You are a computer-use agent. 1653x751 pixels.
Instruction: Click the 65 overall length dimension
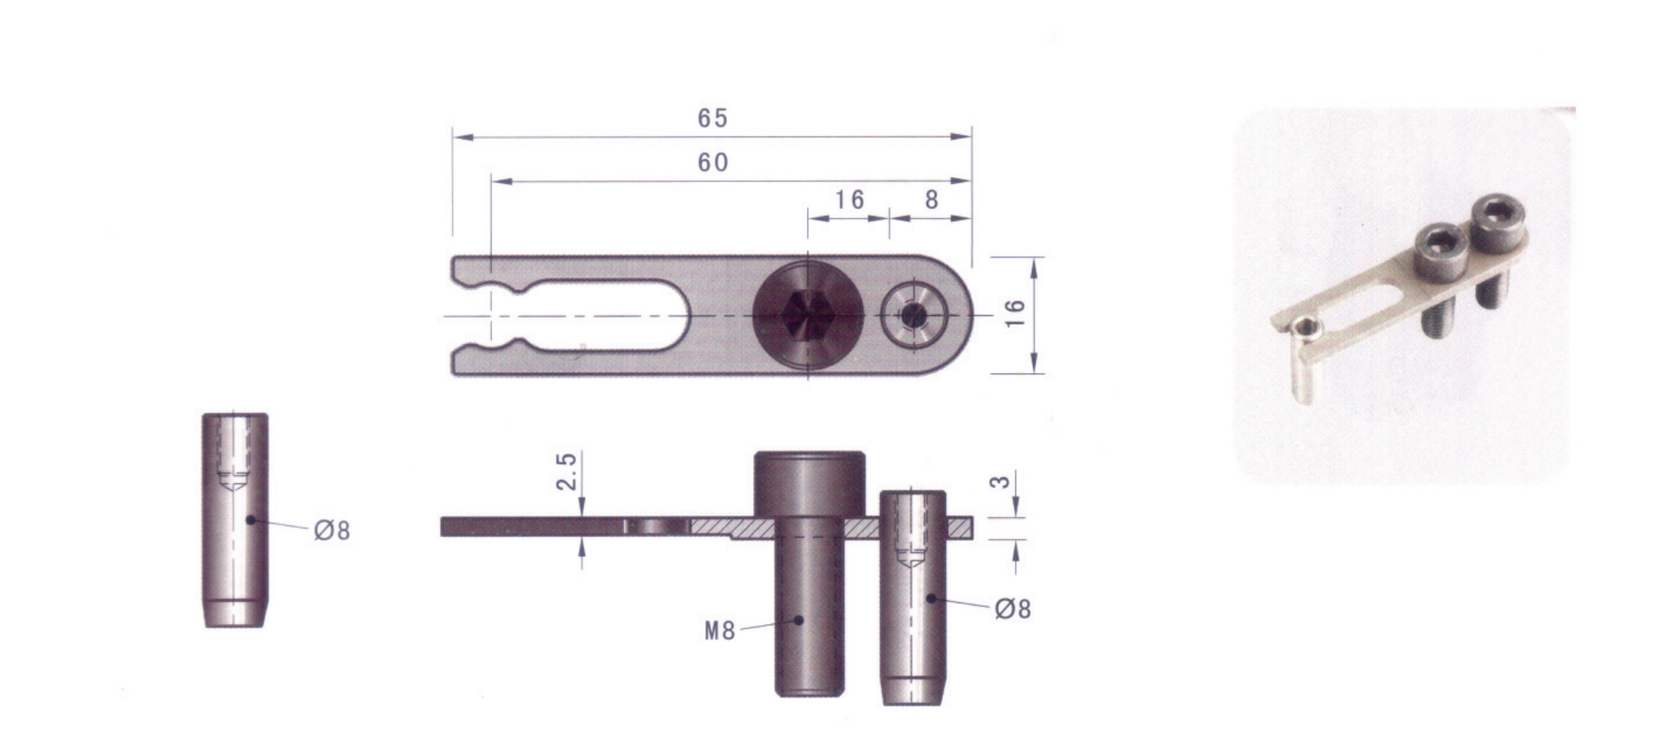coord(712,119)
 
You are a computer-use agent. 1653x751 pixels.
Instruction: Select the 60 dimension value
coord(713,163)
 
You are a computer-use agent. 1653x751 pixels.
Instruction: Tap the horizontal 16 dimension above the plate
coord(850,200)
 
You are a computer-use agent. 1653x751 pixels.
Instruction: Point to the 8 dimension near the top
coord(932,200)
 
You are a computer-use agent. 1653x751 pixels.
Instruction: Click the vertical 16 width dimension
coord(1015,313)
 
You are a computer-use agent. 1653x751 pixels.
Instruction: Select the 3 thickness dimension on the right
coord(1003,481)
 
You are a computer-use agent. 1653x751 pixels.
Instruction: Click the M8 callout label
coord(720,631)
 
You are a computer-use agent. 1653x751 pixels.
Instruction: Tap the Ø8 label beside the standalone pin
coord(333,531)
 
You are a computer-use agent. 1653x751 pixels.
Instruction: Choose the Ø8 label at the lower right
coord(1013,609)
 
